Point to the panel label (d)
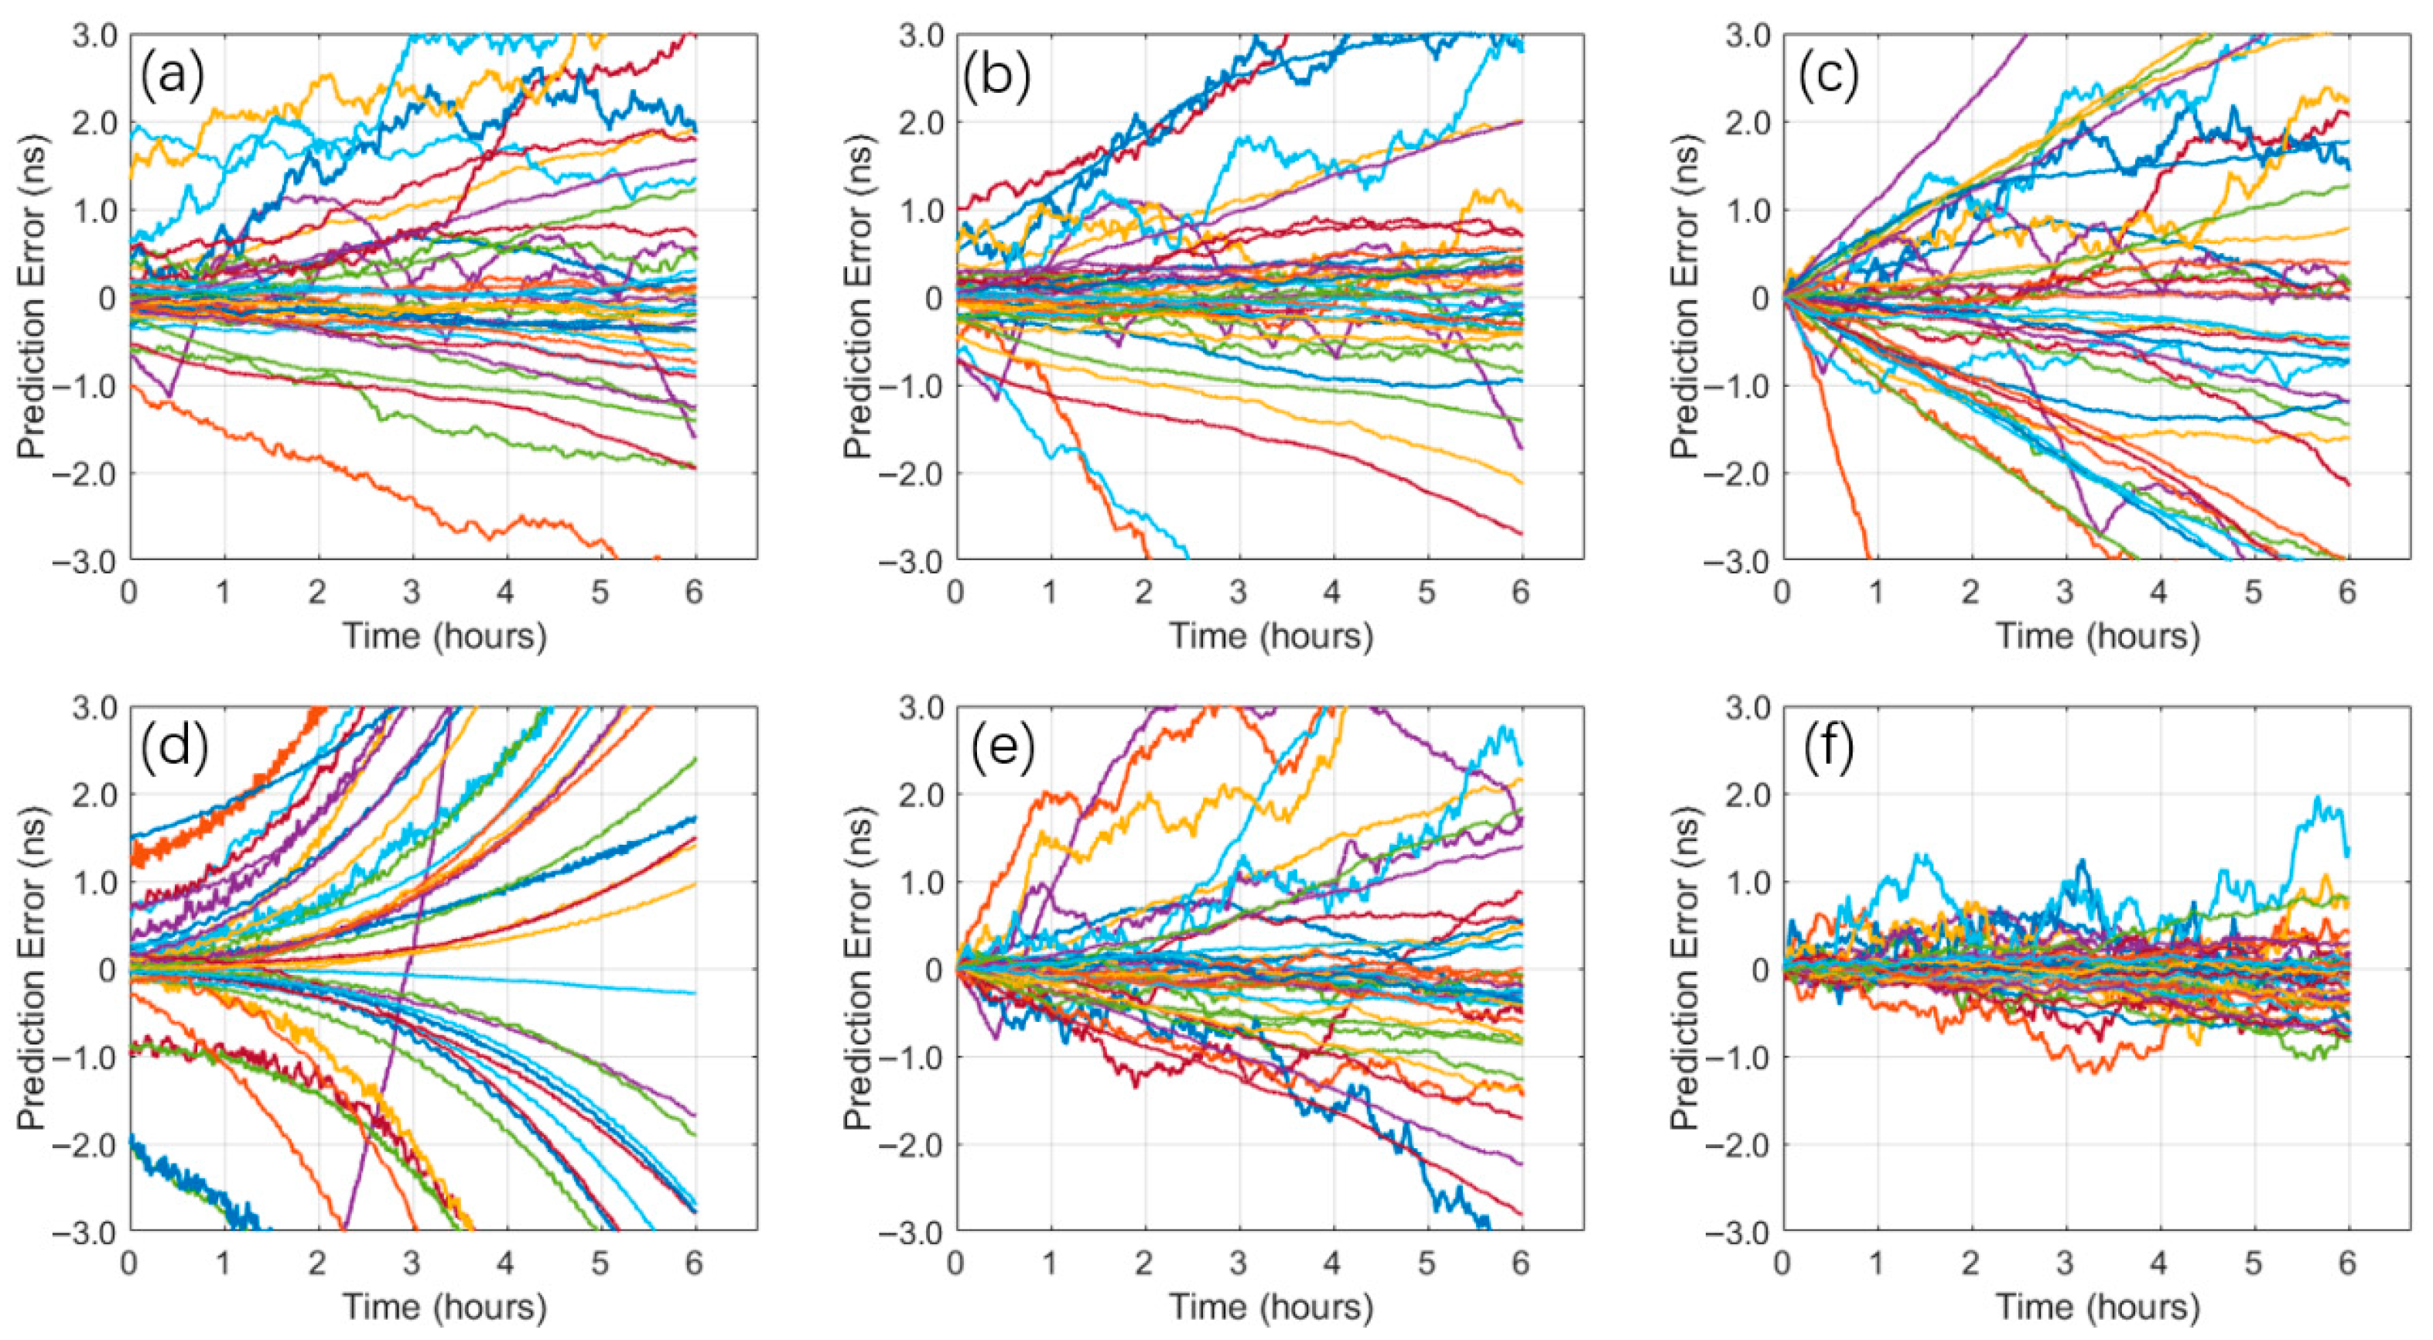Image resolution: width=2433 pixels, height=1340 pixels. coord(173,749)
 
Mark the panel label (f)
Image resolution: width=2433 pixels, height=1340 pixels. coord(1824,749)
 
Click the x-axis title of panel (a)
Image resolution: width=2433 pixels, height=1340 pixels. coord(444,635)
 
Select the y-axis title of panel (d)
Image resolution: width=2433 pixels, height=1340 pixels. coord(32,970)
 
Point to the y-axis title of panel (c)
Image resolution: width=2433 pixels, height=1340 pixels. coord(1685,299)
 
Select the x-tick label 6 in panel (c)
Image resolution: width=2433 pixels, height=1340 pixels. coord(2347,593)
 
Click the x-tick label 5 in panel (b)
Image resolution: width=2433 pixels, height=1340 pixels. coord(1427,593)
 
